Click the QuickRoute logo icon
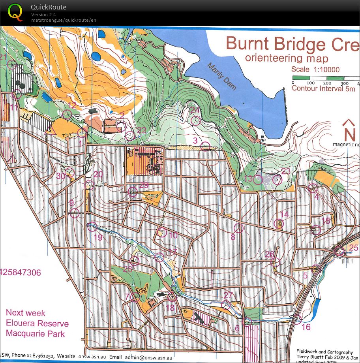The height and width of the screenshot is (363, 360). pyautogui.click(x=15, y=12)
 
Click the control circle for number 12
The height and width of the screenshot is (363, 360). pyautogui.click(x=67, y=115)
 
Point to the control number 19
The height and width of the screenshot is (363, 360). pyautogui.click(x=97, y=237)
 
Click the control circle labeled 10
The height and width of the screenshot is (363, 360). pyautogui.click(x=161, y=232)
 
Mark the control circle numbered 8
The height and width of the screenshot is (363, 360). pyautogui.click(x=238, y=228)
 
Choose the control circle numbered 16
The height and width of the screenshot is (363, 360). pyautogui.click(x=298, y=320)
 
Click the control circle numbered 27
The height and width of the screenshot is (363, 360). pyautogui.click(x=226, y=305)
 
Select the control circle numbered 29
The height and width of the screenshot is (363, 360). pyautogui.click(x=133, y=192)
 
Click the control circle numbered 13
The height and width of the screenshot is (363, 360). pyautogui.click(x=258, y=180)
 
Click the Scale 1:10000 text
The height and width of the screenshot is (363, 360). pyautogui.click(x=315, y=70)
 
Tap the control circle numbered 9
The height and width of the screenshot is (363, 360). pyautogui.click(x=75, y=213)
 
